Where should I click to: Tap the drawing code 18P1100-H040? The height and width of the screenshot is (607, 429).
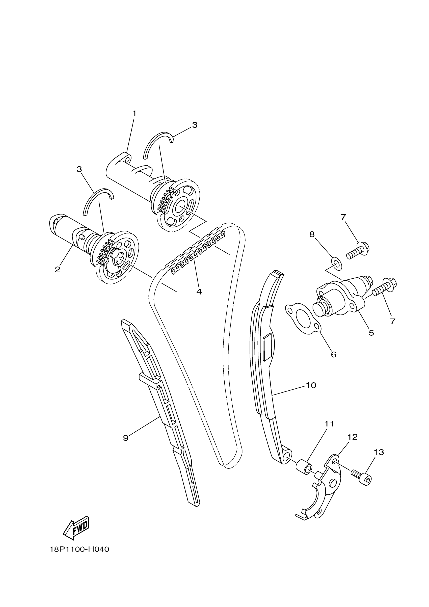pyautogui.click(x=79, y=549)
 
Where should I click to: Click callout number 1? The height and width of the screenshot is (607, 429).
pyautogui.click(x=134, y=114)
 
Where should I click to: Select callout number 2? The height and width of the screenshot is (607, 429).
pyautogui.click(x=57, y=269)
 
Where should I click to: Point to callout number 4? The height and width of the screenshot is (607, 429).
pyautogui.click(x=199, y=292)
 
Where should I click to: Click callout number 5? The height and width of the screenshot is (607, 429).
pyautogui.click(x=371, y=333)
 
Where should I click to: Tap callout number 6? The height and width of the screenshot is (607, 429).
pyautogui.click(x=334, y=355)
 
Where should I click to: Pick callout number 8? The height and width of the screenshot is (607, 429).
pyautogui.click(x=312, y=234)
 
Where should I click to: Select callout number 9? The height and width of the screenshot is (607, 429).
pyautogui.click(x=126, y=438)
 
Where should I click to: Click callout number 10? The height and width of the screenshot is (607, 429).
pyautogui.click(x=311, y=385)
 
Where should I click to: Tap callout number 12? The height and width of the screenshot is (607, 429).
pyautogui.click(x=352, y=437)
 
